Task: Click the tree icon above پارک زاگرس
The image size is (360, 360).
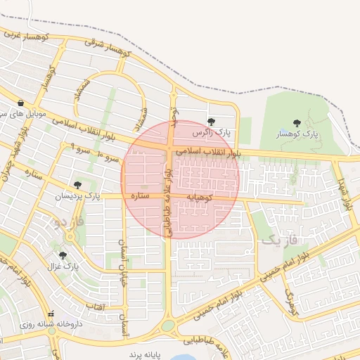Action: coord(212,122)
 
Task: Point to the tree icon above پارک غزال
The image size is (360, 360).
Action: coord(63,255)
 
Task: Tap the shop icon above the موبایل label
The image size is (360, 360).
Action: coord(20,102)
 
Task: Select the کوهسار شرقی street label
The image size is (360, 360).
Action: coord(108,46)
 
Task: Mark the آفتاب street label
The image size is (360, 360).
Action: coord(94,307)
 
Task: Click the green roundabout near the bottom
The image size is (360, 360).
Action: coord(168,326)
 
